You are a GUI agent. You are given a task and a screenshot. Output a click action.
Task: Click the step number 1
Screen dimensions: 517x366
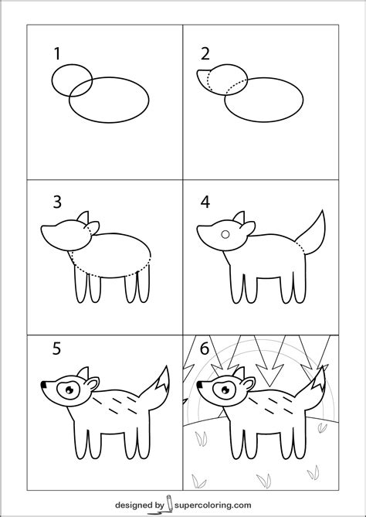coord(56,53)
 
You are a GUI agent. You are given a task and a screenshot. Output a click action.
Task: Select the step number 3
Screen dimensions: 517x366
coord(56,202)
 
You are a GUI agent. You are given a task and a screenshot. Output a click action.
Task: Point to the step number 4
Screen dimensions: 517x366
coord(205,202)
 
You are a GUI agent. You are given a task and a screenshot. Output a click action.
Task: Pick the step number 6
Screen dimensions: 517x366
coord(205,349)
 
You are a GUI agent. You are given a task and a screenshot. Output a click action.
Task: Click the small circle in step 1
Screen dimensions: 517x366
coord(72,81)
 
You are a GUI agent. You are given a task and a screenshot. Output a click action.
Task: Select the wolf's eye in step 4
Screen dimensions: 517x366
coord(224,233)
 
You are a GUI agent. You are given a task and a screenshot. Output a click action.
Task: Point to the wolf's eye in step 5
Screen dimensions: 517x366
coord(69,389)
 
